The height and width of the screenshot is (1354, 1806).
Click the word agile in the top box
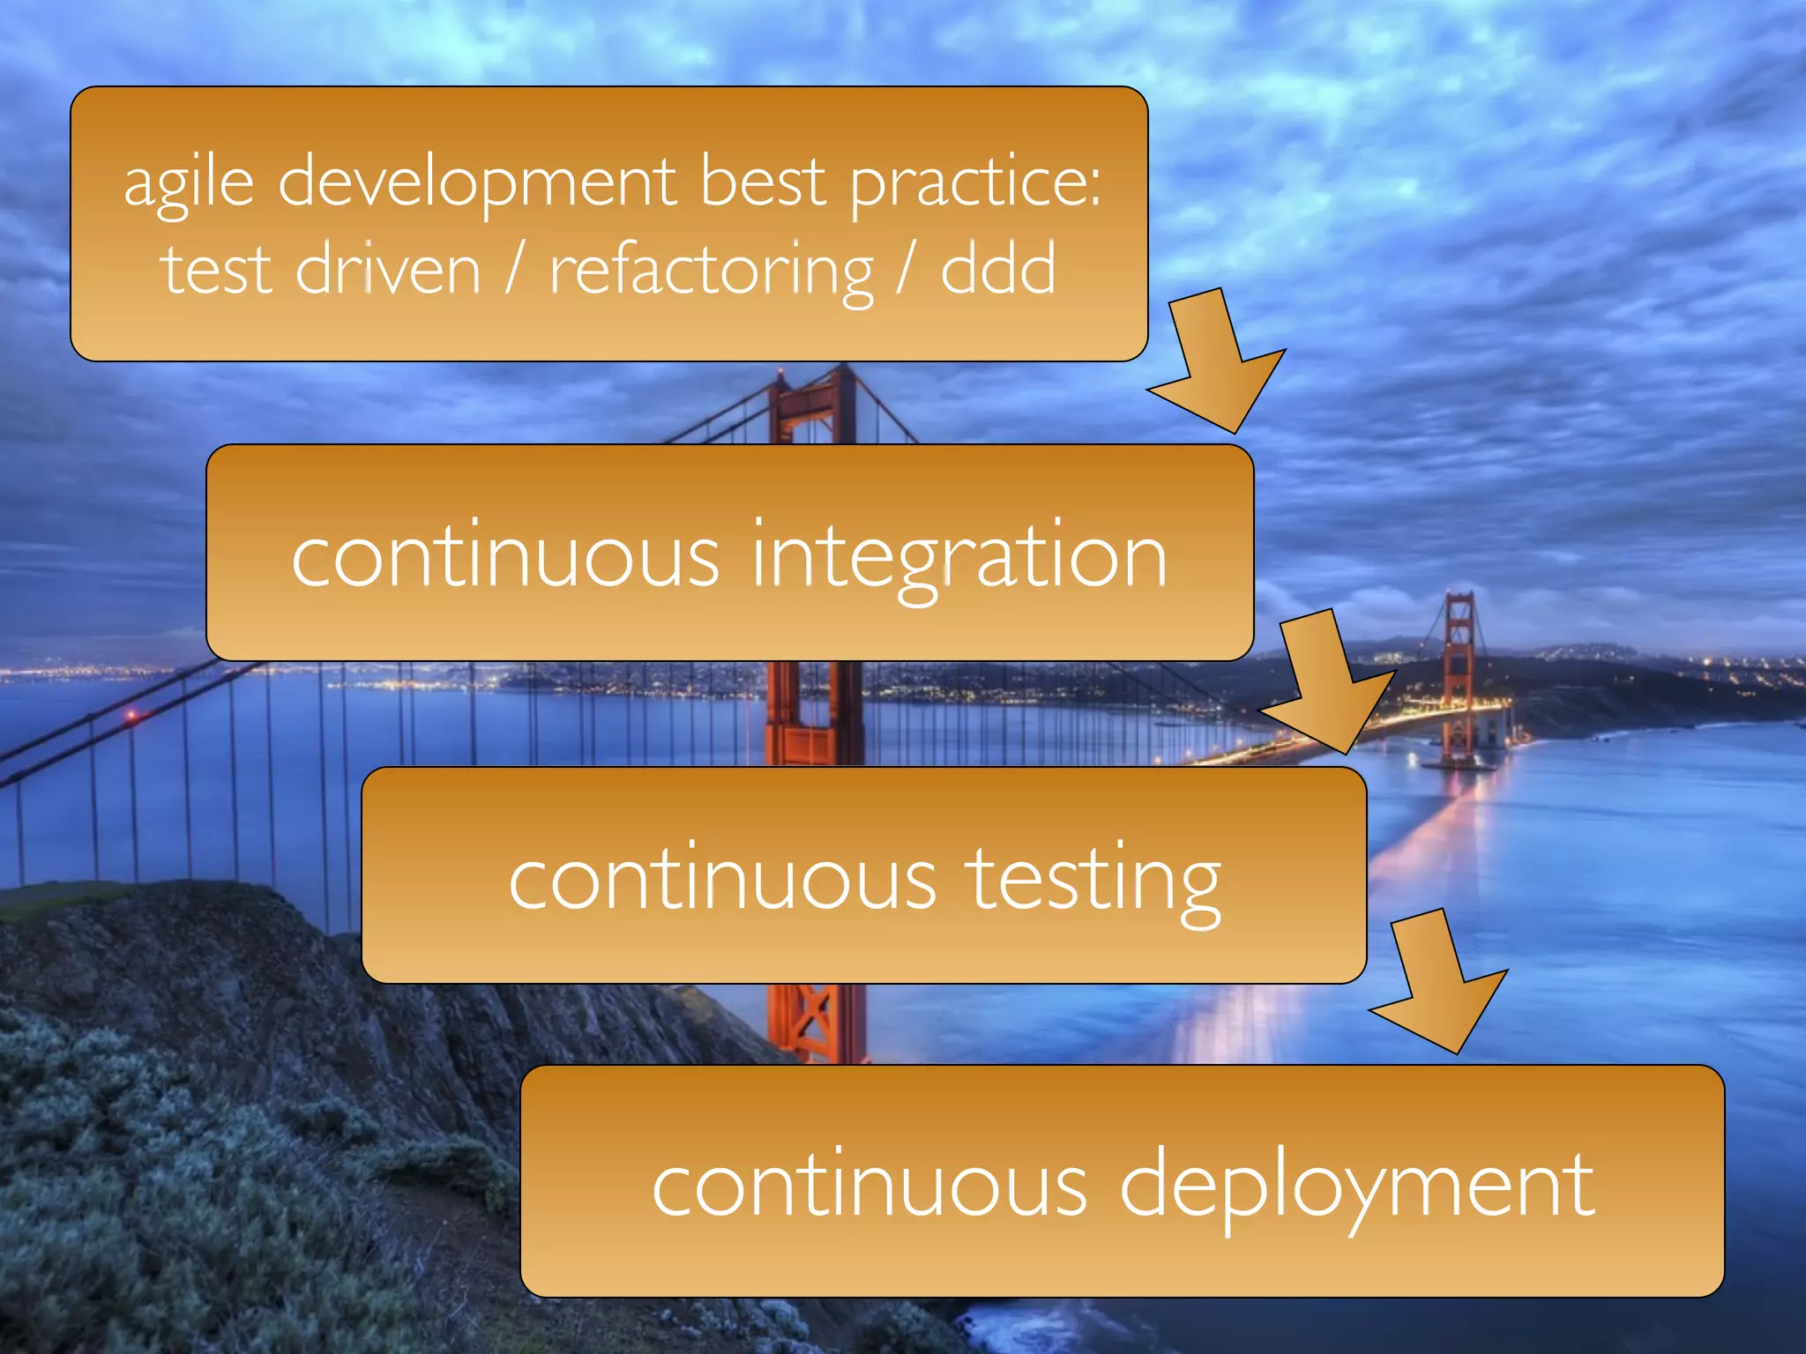point(189,182)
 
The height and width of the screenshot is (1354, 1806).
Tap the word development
point(477,182)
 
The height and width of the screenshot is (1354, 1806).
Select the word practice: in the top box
point(975,182)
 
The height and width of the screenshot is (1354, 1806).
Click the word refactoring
point(711,272)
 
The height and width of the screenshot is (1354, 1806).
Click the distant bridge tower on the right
point(1459,670)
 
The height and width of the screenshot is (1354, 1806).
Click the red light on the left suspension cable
point(132,717)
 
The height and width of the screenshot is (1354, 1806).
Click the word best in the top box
point(764,182)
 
